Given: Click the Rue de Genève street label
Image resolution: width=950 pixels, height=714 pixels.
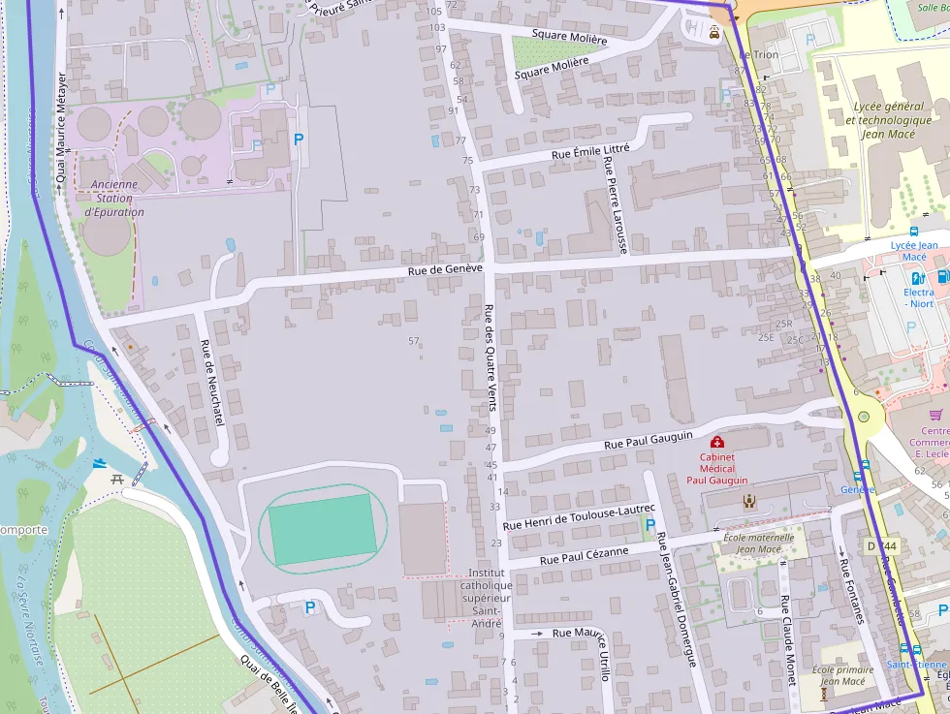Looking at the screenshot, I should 445,270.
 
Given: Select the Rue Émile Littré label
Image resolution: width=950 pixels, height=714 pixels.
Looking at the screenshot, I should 589,151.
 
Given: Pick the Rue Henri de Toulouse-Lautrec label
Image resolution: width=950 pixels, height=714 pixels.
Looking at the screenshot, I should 580,516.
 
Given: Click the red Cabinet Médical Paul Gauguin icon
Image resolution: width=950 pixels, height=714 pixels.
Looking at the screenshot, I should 717,442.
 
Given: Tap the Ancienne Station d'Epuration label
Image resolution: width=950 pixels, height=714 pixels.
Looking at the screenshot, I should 114,198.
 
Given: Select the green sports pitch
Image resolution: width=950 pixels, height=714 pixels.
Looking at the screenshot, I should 322,529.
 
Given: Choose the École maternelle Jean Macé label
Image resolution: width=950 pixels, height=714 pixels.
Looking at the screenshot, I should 758,543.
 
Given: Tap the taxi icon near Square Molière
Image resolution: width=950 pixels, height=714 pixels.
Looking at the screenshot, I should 714,32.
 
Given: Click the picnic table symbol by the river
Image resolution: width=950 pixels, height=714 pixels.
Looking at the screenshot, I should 117,479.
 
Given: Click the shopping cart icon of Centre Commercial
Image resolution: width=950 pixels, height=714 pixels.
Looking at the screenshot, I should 934,414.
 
